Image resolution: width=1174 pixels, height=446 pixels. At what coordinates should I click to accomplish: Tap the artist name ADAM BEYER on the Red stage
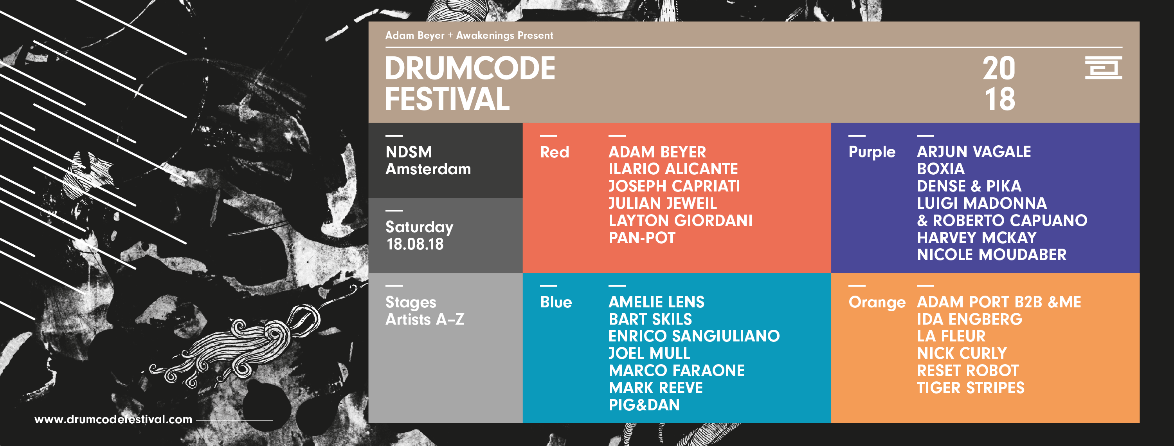point(657,152)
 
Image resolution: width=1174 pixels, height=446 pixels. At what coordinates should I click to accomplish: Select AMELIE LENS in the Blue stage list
point(656,302)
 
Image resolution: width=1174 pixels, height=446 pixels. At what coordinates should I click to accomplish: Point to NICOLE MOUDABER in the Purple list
point(992,255)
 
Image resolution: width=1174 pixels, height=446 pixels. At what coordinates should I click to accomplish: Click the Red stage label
point(555,152)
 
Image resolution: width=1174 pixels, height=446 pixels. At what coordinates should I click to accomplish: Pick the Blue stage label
point(556,302)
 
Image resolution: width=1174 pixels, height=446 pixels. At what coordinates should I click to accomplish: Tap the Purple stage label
point(872,152)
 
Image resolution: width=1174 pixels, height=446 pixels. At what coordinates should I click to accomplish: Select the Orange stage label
point(877,303)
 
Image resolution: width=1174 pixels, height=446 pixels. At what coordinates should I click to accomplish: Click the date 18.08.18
point(415,244)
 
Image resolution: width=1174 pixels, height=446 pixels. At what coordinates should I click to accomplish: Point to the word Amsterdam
point(428,169)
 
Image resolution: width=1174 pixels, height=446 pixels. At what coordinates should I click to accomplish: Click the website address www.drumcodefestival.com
point(113,419)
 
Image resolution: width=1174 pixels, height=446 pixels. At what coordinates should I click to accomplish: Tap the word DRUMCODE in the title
point(470,69)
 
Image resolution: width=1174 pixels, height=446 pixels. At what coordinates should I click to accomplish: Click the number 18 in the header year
point(1000,99)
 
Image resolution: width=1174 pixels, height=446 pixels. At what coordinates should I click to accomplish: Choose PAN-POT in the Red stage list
point(642,238)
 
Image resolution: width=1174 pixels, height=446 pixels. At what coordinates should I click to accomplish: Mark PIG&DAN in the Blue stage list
point(644,405)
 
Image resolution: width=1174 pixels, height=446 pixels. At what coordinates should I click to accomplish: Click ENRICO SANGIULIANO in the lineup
point(694,336)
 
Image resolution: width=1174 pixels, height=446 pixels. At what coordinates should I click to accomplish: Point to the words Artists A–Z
point(425,319)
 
